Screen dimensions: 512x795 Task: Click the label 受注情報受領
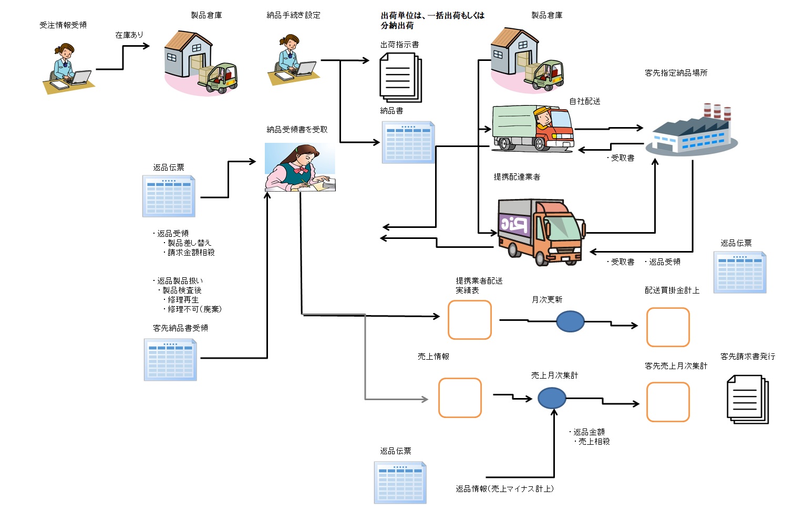click(63, 25)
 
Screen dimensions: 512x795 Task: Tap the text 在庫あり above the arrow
click(129, 35)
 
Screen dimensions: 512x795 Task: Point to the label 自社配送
click(584, 101)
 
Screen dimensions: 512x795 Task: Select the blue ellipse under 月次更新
click(570, 321)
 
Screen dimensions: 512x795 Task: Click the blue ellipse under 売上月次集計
click(552, 399)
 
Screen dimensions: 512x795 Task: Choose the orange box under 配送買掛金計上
click(667, 327)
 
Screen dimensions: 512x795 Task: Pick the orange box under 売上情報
click(460, 398)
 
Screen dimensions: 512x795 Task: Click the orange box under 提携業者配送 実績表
click(469, 320)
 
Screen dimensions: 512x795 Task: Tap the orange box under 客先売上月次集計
click(667, 402)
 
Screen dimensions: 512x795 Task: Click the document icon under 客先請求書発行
click(747, 399)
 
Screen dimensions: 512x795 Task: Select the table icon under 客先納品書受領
click(170, 360)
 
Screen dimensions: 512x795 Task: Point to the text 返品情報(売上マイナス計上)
click(504, 489)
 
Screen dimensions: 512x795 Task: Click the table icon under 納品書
click(408, 142)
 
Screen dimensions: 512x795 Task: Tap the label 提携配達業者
click(517, 177)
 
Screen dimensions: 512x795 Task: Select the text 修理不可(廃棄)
click(194, 309)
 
